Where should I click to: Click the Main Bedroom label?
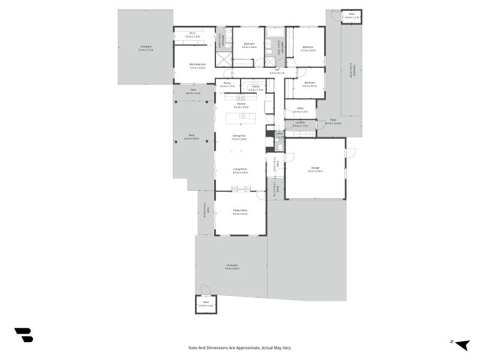pyautogui.click(x=197, y=65)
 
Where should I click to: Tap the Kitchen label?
pyautogui.click(x=241, y=105)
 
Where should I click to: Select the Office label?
pyautogui.click(x=300, y=110)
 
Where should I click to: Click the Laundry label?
pyautogui.click(x=299, y=124)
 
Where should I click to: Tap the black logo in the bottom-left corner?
pyautogui.click(x=23, y=335)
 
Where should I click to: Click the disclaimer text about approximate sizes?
pyautogui.click(x=239, y=347)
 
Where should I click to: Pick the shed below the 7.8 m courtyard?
pyautogui.click(x=205, y=304)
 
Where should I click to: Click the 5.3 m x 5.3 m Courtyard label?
pyautogui.click(x=146, y=48)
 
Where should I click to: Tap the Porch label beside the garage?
pyautogui.click(x=277, y=190)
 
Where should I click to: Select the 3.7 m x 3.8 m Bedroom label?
pyautogui.click(x=308, y=48)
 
